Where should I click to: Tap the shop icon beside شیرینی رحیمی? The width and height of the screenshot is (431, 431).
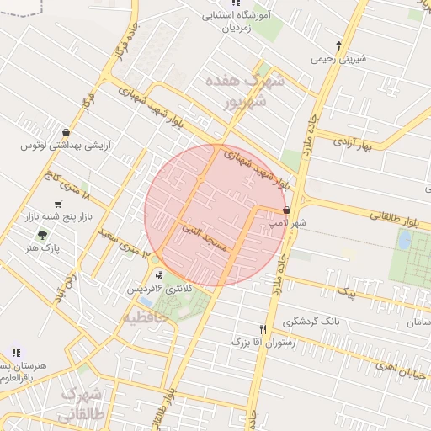click(338, 45)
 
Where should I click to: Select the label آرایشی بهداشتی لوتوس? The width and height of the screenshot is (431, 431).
click(66, 146)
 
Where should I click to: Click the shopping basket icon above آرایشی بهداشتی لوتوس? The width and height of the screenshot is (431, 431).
click(66, 132)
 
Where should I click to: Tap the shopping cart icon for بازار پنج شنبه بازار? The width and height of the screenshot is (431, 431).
click(57, 205)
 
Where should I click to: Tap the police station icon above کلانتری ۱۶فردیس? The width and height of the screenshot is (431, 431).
click(159, 275)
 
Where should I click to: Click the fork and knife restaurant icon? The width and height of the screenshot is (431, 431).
click(263, 329)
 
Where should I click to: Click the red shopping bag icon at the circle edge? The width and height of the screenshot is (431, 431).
click(287, 210)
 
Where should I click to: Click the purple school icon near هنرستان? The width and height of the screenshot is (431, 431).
click(14, 353)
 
